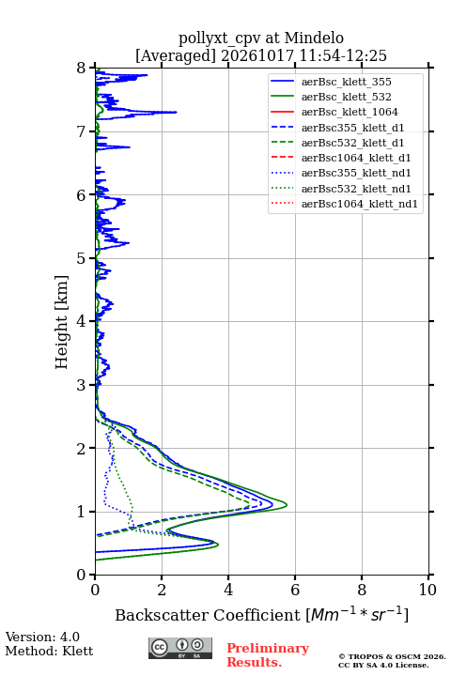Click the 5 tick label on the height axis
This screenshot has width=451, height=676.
click(x=82, y=258)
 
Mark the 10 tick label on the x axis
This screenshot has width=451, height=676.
click(x=428, y=590)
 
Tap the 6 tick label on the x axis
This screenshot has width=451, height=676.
click(x=295, y=590)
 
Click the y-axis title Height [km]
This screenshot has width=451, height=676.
click(x=62, y=322)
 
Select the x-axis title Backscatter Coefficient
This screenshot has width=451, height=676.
click(x=208, y=615)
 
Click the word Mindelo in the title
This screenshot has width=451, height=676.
click(x=314, y=38)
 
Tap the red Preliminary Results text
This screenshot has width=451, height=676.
click(x=268, y=655)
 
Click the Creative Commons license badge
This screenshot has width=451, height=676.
click(x=180, y=649)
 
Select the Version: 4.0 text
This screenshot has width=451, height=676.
click(x=42, y=637)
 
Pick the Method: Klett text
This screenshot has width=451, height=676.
click(x=49, y=651)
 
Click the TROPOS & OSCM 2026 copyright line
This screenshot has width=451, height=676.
click(x=393, y=656)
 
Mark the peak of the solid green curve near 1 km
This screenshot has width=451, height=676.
click(x=287, y=505)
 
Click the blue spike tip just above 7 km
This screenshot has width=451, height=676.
click(x=177, y=112)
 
